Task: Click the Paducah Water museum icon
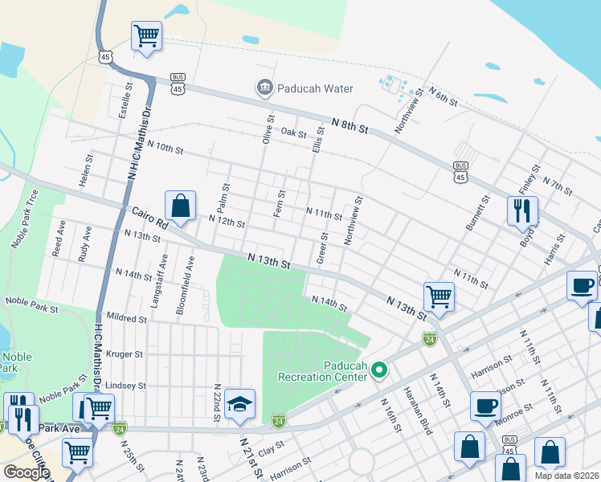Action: click(264, 88)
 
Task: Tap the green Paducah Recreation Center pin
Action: click(380, 370)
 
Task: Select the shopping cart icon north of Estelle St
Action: click(146, 36)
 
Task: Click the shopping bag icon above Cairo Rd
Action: click(181, 206)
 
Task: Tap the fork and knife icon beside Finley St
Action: click(522, 210)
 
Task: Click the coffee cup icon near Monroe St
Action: click(484, 406)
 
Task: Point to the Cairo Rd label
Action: click(145, 218)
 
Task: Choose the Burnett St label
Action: click(477, 213)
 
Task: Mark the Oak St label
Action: click(293, 133)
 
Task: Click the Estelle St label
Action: click(125, 100)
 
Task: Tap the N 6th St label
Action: click(443, 96)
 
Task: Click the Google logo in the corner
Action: click(27, 472)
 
